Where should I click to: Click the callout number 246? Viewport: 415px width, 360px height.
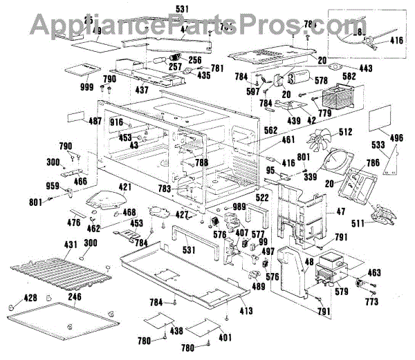[x=74, y=297]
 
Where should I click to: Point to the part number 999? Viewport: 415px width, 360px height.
[x=86, y=87]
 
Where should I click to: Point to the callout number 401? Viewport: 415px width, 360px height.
[x=225, y=339]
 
